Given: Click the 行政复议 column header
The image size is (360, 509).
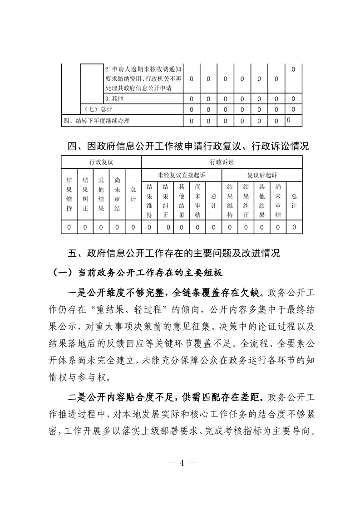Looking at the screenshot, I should (x=101, y=162).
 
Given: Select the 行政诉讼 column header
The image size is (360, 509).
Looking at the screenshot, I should (x=222, y=162).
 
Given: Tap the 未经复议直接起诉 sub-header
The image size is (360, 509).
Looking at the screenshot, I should (x=182, y=175).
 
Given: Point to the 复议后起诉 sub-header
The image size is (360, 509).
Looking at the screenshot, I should (x=262, y=175).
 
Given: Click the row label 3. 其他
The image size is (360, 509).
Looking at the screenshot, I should (x=114, y=98).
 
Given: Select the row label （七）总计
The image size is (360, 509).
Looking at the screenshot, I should (x=96, y=109).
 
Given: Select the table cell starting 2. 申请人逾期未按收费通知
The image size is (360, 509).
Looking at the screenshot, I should (x=143, y=78).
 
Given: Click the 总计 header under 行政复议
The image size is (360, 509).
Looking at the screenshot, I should (x=133, y=196).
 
